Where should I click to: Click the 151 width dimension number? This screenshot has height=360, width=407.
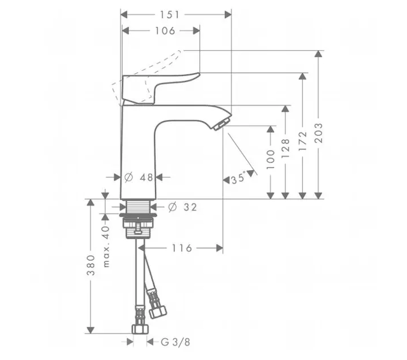tap(170, 15)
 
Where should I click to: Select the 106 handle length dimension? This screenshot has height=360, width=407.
tap(165, 31)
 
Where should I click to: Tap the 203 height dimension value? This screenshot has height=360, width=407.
tap(318, 133)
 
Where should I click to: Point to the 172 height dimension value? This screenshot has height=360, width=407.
tap(303, 141)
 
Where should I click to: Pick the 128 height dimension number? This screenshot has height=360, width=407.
tap(285, 149)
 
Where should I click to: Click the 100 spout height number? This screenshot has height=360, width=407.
tap(270, 160)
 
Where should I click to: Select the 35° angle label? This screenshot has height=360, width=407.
tap(239, 178)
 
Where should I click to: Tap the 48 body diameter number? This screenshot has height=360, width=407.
tap(146, 178)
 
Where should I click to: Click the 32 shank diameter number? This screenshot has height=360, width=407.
tap(190, 207)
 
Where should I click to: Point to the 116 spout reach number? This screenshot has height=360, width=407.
tap(182, 248)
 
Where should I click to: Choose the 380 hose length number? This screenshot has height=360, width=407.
tap(91, 265)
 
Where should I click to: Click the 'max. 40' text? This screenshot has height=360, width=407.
tap(107, 247)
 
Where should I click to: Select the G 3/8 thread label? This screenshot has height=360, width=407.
tap(176, 342)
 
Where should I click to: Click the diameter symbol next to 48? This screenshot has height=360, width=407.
tap(128, 178)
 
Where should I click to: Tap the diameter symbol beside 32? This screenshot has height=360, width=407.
tap(173, 207)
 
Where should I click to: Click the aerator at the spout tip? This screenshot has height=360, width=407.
tap(222, 124)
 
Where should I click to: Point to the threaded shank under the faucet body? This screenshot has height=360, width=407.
tap(138, 206)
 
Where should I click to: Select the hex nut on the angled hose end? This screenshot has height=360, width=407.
tap(158, 311)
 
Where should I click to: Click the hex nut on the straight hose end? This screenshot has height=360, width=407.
tap(140, 329)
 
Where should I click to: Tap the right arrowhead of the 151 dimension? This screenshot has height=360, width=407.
tap(228, 15)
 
